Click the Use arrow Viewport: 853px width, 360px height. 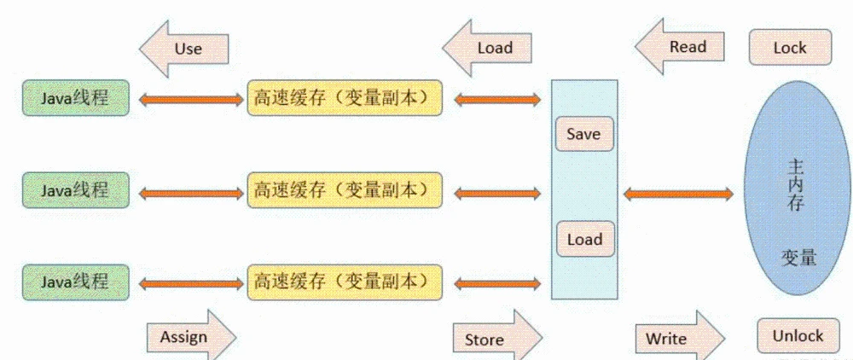185,48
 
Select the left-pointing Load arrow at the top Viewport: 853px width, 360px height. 491,48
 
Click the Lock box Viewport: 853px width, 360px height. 790,48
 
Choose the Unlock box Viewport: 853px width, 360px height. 798,335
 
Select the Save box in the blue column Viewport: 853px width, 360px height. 584,134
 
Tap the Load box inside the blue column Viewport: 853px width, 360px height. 584,240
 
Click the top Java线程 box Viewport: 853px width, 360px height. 76,97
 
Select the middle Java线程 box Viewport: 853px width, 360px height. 76,190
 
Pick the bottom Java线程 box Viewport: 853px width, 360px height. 76,282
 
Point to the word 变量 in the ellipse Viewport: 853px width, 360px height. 798,257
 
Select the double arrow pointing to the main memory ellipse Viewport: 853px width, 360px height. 678,195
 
